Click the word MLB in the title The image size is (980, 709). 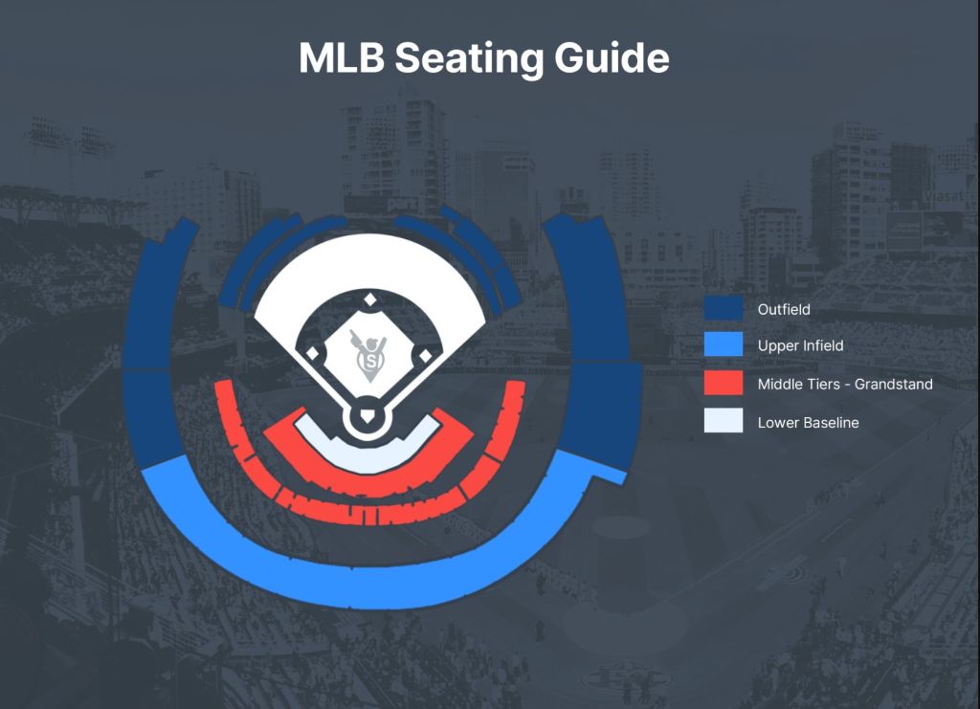click(341, 57)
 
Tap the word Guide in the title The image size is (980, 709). click(612, 57)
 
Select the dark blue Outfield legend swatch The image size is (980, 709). click(724, 308)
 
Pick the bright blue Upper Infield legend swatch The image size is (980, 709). click(724, 344)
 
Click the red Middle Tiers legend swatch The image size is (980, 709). click(724, 383)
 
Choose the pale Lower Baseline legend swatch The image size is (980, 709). click(724, 420)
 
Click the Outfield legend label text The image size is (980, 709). click(784, 309)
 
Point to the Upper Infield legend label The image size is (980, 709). click(801, 345)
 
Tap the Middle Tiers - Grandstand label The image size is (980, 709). click(845, 385)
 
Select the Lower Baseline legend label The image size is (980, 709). click(808, 422)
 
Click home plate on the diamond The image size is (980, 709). click(367, 415)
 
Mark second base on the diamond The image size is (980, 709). click(370, 299)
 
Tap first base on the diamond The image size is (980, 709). click(425, 355)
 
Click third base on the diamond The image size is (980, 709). click(313, 354)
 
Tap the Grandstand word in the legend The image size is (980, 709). click(893, 385)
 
